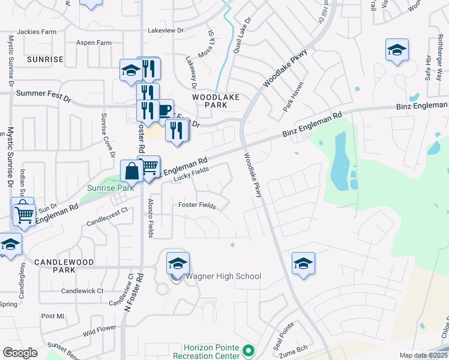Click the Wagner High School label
click(223, 277)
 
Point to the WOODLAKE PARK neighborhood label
click(215, 100)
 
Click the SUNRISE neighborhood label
click(44, 59)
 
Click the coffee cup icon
click(163, 110)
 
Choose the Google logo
click(20, 353)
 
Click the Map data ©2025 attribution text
click(423, 355)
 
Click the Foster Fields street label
click(197, 205)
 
